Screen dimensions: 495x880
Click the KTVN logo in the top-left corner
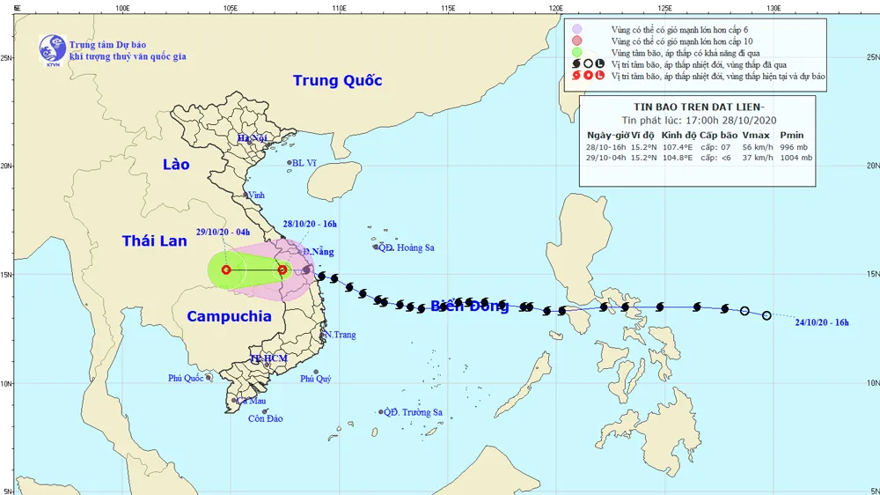click(52, 49)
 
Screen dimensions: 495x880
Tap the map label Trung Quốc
click(338, 81)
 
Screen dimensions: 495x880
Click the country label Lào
click(176, 165)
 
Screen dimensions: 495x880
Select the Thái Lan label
click(155, 240)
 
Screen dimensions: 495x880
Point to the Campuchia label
click(229, 317)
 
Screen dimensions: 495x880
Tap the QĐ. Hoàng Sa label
click(407, 248)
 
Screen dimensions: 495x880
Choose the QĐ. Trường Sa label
click(414, 412)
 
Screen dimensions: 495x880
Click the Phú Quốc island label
click(186, 379)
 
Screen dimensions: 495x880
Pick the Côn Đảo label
click(264, 418)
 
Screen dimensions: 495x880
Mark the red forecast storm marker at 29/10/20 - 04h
click(226, 270)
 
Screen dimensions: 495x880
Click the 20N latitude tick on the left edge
click(7, 166)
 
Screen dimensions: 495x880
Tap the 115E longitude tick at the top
click(448, 8)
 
